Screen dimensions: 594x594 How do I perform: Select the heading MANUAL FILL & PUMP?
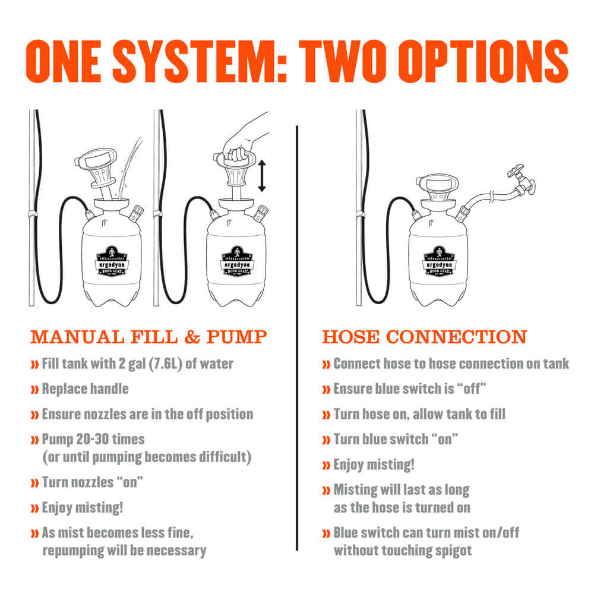tap(149, 337)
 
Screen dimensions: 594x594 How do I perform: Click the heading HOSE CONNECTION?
tap(425, 337)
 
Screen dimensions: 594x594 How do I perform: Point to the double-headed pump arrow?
tap(262, 176)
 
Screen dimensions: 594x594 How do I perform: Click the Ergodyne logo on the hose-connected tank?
tap(439, 261)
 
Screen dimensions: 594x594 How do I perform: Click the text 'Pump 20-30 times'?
tap(93, 440)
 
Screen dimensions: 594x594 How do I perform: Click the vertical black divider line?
tap(297, 338)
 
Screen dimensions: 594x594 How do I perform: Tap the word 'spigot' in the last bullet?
tap(453, 551)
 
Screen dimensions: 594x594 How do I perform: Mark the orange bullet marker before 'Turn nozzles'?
tap(34, 483)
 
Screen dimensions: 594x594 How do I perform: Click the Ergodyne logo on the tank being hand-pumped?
tap(237, 261)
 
